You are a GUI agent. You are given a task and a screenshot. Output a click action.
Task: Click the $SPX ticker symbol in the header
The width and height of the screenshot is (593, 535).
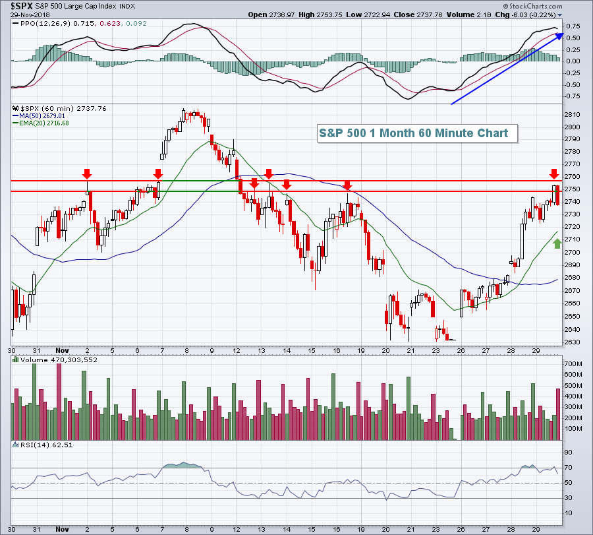[x=18, y=6]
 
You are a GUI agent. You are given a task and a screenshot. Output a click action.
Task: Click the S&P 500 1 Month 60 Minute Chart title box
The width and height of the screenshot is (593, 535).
[x=414, y=133]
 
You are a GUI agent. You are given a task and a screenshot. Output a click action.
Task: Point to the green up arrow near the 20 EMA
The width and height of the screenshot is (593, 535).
[x=557, y=243]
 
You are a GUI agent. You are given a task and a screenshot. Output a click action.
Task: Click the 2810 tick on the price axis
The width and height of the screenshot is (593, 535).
[x=572, y=114]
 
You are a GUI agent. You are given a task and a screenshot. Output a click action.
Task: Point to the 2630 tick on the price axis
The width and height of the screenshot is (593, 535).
[x=572, y=342]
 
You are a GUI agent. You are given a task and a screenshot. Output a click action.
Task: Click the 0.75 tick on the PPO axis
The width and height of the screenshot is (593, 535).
[x=573, y=26]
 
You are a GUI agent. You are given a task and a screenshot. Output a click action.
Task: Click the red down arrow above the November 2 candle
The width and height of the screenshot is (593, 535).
[x=86, y=173]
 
